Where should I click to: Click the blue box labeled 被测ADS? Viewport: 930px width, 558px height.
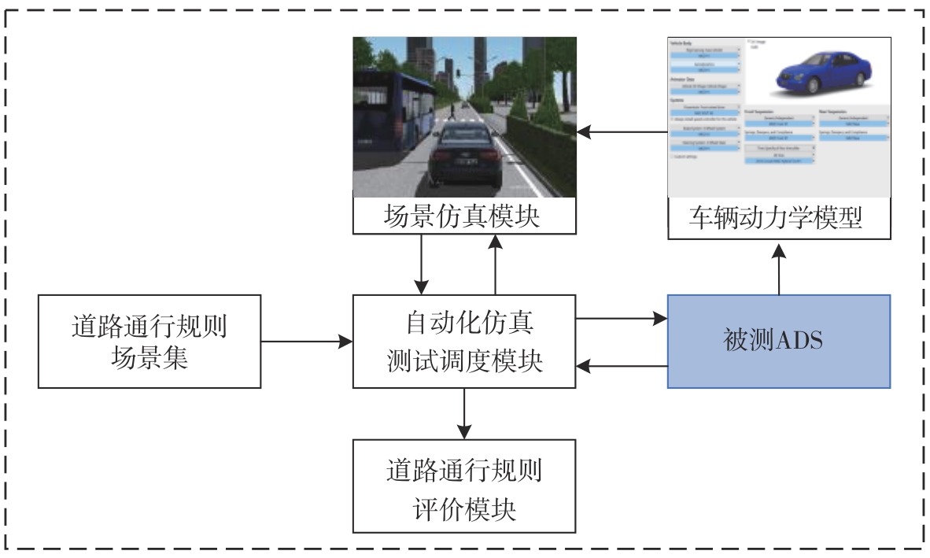click(779, 341)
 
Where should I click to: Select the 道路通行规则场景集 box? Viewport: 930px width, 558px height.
click(149, 341)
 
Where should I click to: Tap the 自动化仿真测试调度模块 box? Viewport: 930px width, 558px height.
click(464, 341)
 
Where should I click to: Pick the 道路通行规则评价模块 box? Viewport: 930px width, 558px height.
click(464, 486)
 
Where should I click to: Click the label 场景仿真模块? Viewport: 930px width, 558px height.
click(464, 216)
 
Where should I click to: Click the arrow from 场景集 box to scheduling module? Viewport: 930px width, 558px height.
click(307, 342)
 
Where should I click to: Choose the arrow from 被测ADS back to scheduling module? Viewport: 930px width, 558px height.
click(622, 365)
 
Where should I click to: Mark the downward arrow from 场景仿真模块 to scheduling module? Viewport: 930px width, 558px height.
click(423, 264)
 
